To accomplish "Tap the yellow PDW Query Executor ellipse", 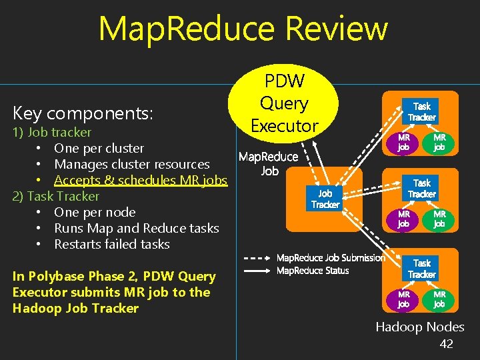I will (285, 103).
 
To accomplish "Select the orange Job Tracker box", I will (325, 199).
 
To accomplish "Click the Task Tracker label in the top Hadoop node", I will (422, 111).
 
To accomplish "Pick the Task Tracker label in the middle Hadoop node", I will (422, 188).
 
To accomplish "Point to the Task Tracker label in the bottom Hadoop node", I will (422, 269).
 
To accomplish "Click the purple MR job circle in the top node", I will (404, 142).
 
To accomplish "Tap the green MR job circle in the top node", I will (439, 142).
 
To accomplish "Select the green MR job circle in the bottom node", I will (439, 299).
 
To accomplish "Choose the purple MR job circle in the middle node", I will (404, 219).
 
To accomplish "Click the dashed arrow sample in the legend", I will (256, 258).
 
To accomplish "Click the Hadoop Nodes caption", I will (419, 327).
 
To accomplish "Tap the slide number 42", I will (446, 344).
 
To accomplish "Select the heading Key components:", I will (83, 113).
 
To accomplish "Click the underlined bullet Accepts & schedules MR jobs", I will (141, 180).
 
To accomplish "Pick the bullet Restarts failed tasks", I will (112, 244).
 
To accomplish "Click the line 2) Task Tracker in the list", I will (56, 196).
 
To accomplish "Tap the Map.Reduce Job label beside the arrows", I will (269, 163).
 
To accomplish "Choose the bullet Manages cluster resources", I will (132, 164).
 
